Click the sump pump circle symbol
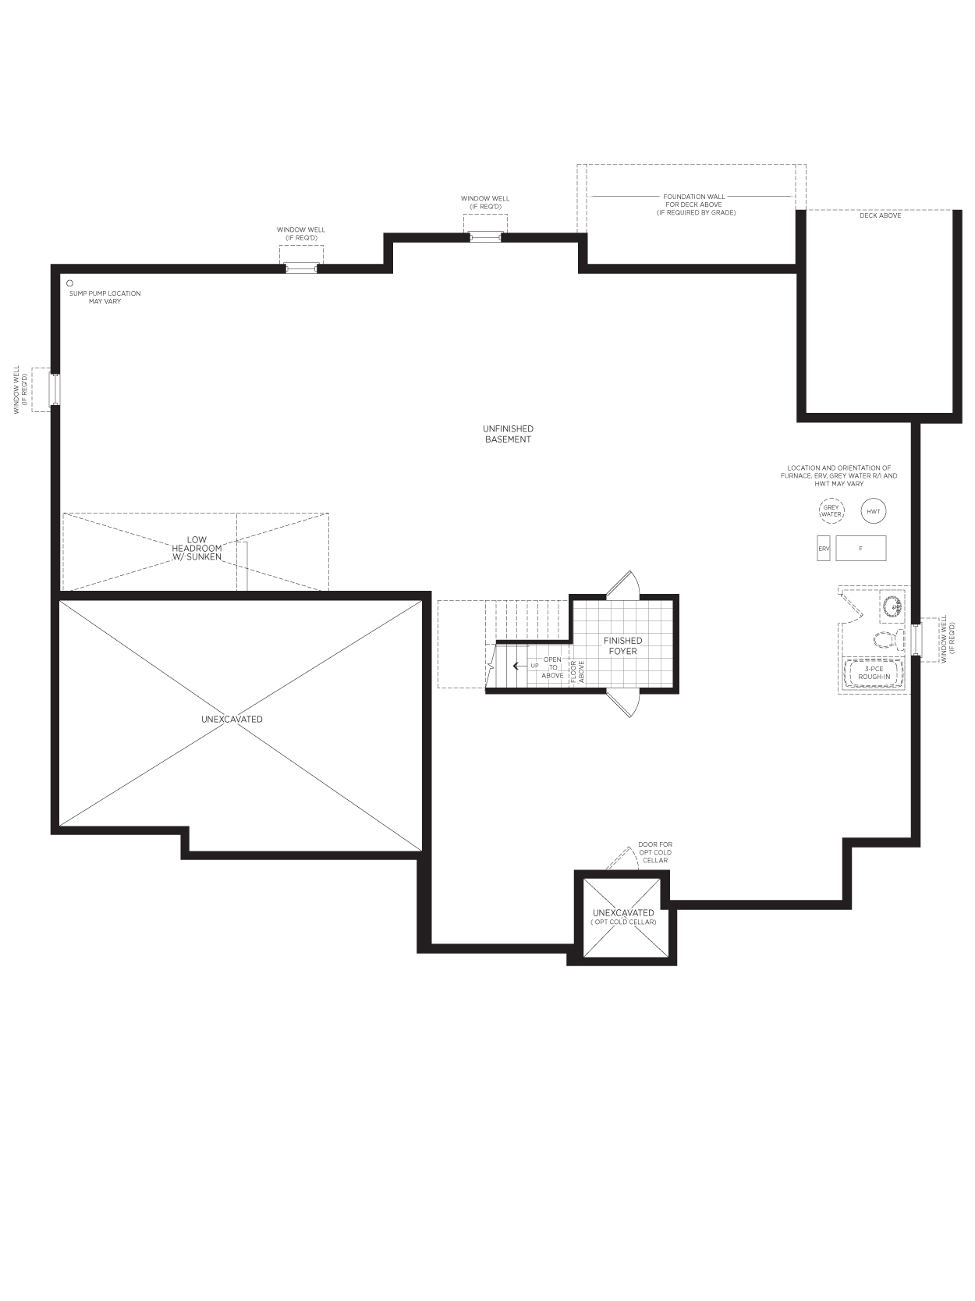69,283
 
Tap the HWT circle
873,511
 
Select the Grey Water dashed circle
831,511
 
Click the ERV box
824,548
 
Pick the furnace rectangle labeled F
860,548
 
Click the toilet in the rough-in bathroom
888,639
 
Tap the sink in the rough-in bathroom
892,606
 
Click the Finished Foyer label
622,645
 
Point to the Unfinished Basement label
508,434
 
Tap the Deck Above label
880,215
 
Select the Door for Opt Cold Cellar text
655,852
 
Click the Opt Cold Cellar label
623,922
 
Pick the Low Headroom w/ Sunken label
197,548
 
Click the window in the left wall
55,389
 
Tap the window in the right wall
916,639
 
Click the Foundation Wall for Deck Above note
694,204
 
